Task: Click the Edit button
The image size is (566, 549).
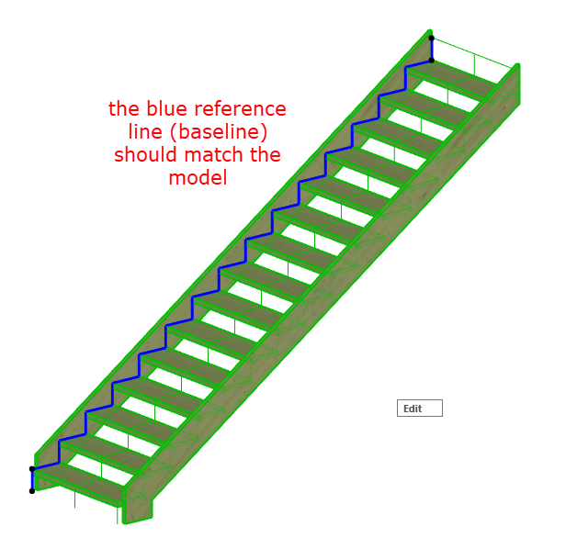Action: pos(419,409)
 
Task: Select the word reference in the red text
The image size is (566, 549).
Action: pos(245,109)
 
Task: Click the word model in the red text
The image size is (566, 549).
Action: pos(197,178)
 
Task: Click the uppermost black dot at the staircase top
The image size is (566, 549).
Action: pos(432,39)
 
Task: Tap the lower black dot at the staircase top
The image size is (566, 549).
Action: pos(432,61)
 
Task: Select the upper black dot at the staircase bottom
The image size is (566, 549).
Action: pos(32,469)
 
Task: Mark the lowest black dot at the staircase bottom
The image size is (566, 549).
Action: pos(32,491)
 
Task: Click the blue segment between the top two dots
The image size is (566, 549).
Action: pos(432,50)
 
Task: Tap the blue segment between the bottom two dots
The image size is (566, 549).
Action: pos(32,480)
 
